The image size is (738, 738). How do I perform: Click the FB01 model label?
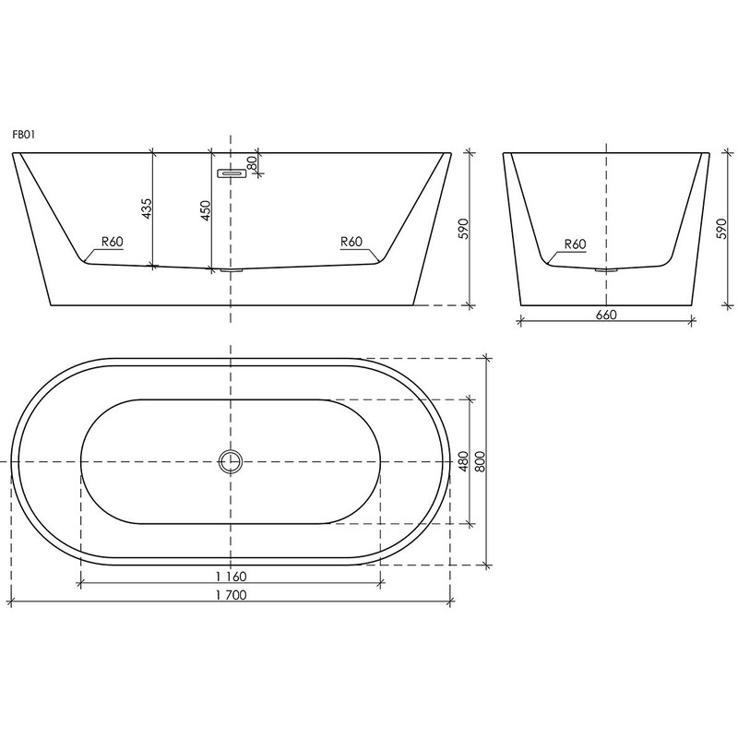point(23,134)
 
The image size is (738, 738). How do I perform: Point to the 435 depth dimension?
point(146,210)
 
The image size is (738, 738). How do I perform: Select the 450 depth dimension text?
point(206,210)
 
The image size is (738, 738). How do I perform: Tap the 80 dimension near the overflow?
point(252,161)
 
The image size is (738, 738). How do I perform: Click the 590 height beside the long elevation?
point(464,228)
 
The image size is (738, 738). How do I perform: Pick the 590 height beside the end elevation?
point(720,228)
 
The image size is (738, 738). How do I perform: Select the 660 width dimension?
point(605,314)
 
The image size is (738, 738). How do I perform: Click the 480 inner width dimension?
point(464,460)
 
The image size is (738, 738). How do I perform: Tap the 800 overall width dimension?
point(480,460)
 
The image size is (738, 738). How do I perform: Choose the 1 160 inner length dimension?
point(230,577)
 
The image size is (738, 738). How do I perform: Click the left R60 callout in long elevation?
point(112,243)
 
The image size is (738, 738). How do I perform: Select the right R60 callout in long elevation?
point(351,243)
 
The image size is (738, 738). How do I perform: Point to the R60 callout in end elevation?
point(574,244)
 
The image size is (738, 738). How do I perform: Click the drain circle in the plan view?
point(230,460)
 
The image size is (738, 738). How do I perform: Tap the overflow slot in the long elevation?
point(230,173)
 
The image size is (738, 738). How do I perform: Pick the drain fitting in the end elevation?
point(606,270)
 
